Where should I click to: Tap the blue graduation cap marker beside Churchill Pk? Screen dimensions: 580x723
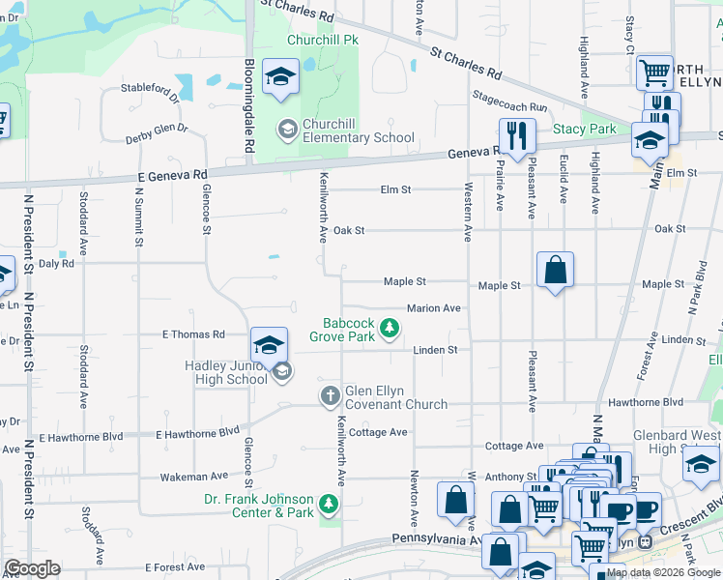pyautogui.click(x=280, y=79)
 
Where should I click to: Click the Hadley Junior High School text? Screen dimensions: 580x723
pyautogui.click(x=226, y=372)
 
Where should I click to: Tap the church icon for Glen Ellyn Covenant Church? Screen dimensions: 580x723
pyautogui.click(x=330, y=395)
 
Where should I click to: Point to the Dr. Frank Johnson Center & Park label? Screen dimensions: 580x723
pyautogui.click(x=259, y=506)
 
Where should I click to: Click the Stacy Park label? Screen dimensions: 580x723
pyautogui.click(x=584, y=129)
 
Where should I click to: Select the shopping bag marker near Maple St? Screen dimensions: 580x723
pyautogui.click(x=556, y=271)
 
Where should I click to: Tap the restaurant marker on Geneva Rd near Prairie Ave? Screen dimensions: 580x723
pyautogui.click(x=517, y=136)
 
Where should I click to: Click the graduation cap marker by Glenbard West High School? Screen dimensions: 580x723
pyautogui.click(x=701, y=464)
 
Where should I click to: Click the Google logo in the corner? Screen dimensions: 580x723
pyautogui.click(x=32, y=568)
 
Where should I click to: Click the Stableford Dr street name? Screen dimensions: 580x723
pyautogui.click(x=150, y=93)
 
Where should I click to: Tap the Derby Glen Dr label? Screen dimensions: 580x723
pyautogui.click(x=156, y=134)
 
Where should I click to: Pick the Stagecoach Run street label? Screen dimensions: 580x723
pyautogui.click(x=509, y=101)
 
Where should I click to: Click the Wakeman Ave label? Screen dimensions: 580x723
pyautogui.click(x=193, y=476)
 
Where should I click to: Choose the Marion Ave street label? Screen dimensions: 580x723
pyautogui.click(x=433, y=308)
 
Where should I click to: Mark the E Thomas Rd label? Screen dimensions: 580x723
pyautogui.click(x=192, y=334)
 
